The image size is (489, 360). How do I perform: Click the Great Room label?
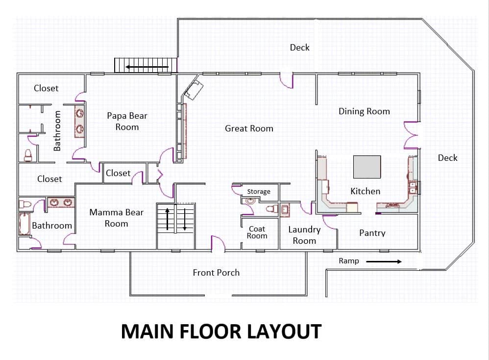(x=249, y=129)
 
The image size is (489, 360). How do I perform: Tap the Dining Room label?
(x=364, y=111)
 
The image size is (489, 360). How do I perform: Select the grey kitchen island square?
(x=367, y=167)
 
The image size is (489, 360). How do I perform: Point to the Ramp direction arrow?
(x=384, y=261)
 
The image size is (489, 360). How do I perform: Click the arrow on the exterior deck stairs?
(x=147, y=67)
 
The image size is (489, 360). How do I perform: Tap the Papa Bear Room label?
(x=127, y=121)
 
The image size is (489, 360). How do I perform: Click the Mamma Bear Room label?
(x=116, y=218)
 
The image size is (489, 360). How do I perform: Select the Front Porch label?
(x=216, y=273)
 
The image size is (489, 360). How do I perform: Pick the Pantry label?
(x=372, y=233)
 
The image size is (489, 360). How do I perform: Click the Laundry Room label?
(x=304, y=235)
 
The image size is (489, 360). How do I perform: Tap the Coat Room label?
(x=257, y=232)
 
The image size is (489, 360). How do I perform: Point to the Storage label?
(x=259, y=191)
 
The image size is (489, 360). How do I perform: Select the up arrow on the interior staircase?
(x=167, y=219)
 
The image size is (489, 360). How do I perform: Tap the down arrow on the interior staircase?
(x=185, y=219)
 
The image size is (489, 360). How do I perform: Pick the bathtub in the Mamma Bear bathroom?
(x=24, y=224)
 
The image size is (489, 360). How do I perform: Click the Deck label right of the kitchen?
(x=447, y=157)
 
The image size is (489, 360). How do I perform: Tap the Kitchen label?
(x=365, y=191)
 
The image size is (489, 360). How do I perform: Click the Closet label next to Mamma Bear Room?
(x=118, y=173)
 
